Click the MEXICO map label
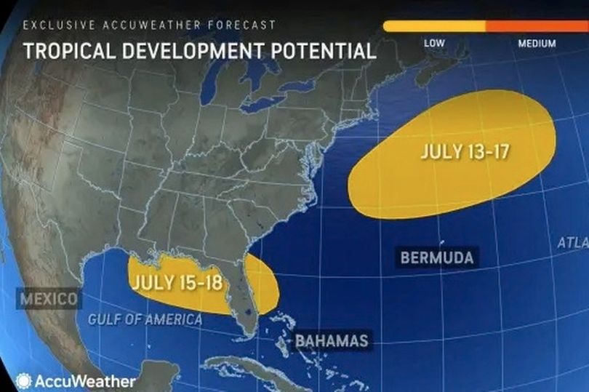tap(49, 299)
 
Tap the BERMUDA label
tap(436, 257)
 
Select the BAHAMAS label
tap(332, 340)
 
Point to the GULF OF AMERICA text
tap(145, 319)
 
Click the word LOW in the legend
tap(434, 44)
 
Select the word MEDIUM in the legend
tap(537, 44)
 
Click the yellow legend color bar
tap(434, 26)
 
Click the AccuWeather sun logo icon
tap(24, 380)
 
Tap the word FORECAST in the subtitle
tap(240, 25)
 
